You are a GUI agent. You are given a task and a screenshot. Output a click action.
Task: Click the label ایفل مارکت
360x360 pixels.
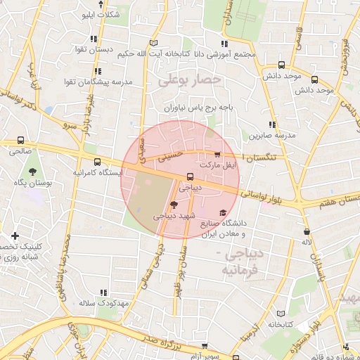217,164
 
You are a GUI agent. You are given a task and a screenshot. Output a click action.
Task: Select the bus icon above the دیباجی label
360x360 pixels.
190,177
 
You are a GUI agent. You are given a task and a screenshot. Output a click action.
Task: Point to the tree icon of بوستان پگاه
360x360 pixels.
32,171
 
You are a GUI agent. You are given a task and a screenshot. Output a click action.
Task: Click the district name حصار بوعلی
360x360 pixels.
190,80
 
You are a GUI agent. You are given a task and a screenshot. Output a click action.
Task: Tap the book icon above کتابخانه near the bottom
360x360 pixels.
281,314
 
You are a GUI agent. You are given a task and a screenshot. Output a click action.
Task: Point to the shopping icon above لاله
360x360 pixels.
306,231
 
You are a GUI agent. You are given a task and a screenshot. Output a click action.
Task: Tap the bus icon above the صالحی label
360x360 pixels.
20,140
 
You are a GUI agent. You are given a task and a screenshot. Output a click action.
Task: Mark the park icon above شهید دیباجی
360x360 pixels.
174,204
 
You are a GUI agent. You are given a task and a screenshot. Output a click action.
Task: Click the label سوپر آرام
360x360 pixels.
205,356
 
